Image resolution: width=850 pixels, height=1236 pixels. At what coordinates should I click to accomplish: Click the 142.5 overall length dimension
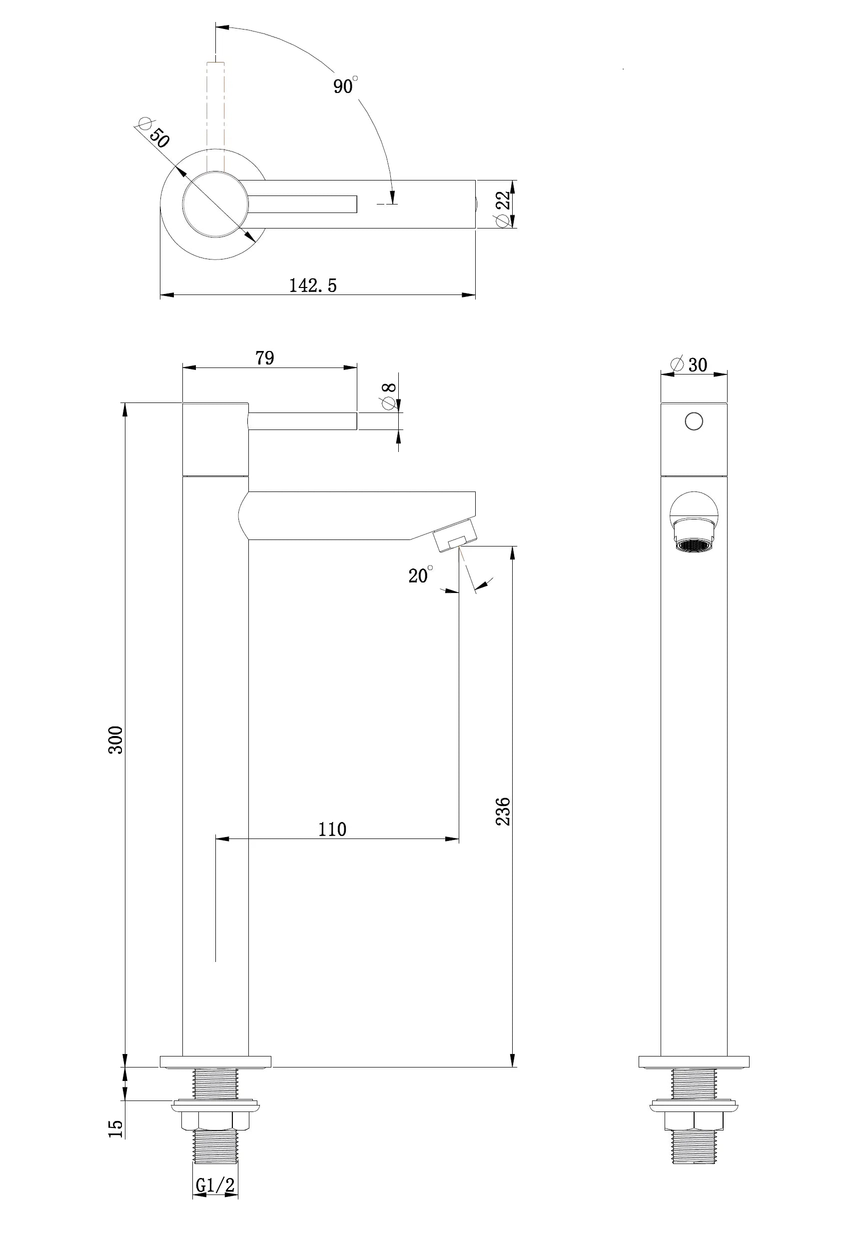pos(313,285)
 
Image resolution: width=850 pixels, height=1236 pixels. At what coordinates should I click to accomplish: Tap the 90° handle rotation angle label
pos(345,85)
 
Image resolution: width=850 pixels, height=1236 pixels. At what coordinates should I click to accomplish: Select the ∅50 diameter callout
pos(154,132)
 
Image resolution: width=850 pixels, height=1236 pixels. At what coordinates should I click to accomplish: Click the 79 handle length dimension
pos(265,358)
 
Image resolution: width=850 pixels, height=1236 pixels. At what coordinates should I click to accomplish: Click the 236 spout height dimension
pos(503,811)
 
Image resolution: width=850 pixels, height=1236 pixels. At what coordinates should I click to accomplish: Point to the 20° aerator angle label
pos(420,575)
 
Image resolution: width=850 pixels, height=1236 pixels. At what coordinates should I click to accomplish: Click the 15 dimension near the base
pos(115,1128)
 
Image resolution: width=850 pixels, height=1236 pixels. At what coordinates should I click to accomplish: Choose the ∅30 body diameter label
pos(690,364)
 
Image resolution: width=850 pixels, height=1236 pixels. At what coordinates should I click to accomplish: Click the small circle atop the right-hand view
pos(694,421)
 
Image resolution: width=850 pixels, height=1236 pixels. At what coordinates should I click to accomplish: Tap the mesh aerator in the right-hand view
pos(694,545)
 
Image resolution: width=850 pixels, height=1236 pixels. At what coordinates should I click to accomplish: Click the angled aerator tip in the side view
pos(455,534)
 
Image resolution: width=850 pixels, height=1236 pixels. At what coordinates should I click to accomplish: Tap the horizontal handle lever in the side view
pos(302,421)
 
